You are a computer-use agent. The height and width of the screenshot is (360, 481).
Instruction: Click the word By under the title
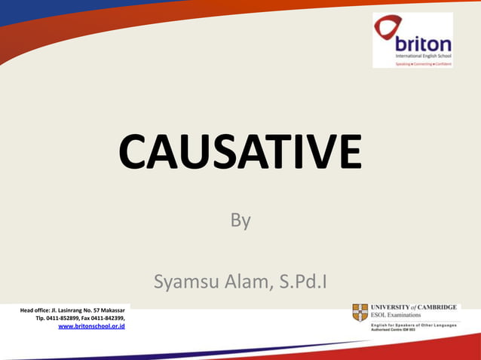240,221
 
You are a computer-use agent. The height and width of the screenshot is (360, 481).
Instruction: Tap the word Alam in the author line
244,282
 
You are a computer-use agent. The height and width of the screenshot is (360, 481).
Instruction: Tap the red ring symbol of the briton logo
388,30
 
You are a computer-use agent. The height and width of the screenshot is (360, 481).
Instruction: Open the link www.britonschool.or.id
91,327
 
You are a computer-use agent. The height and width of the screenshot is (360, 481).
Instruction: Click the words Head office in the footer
35,310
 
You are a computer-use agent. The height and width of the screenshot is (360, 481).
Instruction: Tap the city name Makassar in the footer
112,310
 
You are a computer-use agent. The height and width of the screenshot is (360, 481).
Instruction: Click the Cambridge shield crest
360,313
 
